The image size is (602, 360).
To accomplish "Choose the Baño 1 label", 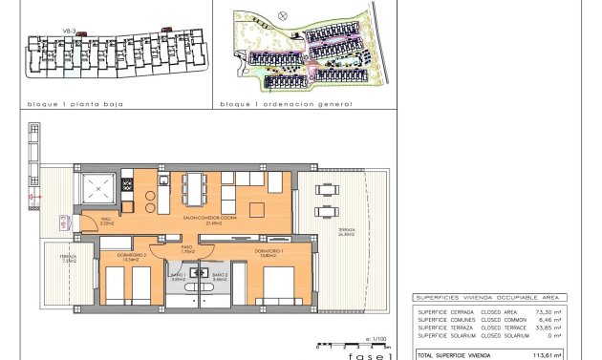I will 177,277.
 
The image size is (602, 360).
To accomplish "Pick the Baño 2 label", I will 219,277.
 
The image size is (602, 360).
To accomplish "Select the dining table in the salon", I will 195,187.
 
